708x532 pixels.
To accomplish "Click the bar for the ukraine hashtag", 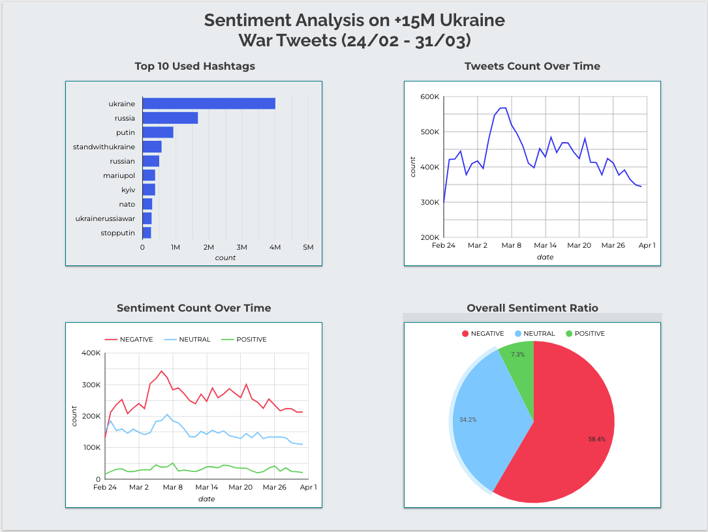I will coord(209,104).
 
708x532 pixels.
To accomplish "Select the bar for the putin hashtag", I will coord(158,132).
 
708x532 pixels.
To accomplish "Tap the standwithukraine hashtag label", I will coord(104,147).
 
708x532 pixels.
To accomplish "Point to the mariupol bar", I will coord(149,175).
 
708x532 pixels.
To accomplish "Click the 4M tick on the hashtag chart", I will coord(275,248).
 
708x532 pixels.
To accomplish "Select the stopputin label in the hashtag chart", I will coord(117,233).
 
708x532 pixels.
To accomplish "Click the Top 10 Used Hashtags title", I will coord(194,66).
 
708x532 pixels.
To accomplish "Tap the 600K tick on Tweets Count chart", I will coord(429,97).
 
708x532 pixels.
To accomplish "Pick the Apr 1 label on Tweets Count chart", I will coord(647,246).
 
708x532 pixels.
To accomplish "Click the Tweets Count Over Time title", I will coord(532,66).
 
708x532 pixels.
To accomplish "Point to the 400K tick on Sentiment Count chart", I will coord(89,353).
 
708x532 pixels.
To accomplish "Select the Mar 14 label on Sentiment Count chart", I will coord(206,487).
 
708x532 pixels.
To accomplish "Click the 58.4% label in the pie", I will coord(596,439).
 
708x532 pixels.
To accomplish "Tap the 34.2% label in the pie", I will coord(468,420).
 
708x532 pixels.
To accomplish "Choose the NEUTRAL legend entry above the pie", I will coord(535,334).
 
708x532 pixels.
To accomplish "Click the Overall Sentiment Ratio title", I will coord(532,308).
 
